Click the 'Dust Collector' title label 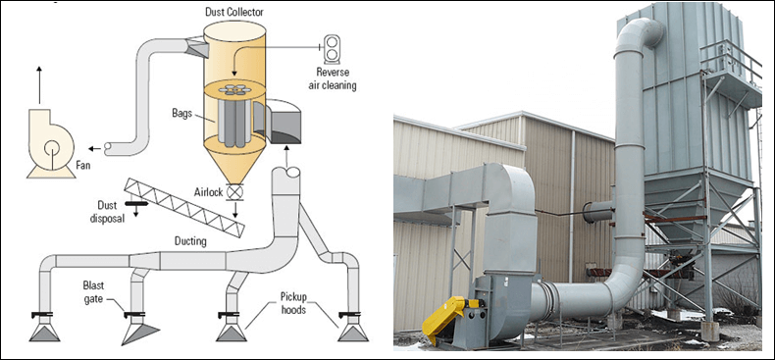tap(234, 12)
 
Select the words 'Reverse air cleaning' tap(336, 79)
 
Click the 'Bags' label tap(181, 114)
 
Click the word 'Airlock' tap(209, 192)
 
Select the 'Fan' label tap(83, 166)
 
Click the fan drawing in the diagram tap(51, 144)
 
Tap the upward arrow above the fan tap(39, 85)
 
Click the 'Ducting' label tap(190, 242)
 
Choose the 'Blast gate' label tap(93, 291)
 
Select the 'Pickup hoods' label tap(295, 303)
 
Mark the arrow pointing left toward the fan tap(95, 148)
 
